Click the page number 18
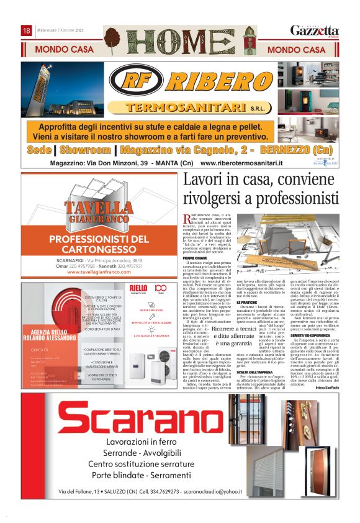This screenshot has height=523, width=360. tap(27, 30)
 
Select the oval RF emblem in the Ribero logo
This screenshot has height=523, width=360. tap(138, 81)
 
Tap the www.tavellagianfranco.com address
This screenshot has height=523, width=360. tap(99, 271)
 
